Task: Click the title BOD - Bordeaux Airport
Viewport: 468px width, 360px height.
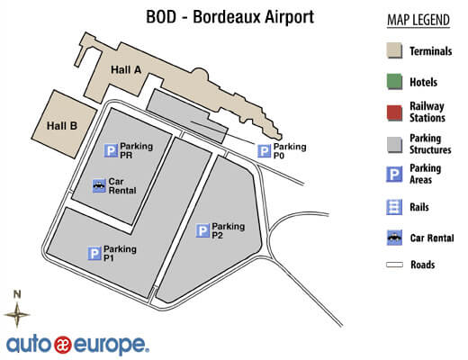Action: pos(230,17)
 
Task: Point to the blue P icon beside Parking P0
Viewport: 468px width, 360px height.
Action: pos(264,151)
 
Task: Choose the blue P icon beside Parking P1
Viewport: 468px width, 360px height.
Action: pos(94,254)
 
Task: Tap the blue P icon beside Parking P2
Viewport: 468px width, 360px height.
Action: pos(202,231)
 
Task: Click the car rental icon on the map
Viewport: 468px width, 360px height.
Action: pos(100,185)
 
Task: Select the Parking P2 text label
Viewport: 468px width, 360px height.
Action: pos(229,231)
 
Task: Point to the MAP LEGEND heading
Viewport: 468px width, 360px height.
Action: pos(418,20)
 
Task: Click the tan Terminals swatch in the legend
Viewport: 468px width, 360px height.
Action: pos(393,51)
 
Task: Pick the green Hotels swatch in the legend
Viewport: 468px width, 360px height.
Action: pos(393,81)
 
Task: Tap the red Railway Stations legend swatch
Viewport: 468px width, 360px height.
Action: pos(393,111)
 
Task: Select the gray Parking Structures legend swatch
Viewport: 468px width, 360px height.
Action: pos(393,143)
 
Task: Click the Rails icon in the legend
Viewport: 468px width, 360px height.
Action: pos(393,207)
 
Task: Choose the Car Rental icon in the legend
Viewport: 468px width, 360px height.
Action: pos(393,238)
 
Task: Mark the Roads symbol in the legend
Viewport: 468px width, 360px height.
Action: pos(393,265)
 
